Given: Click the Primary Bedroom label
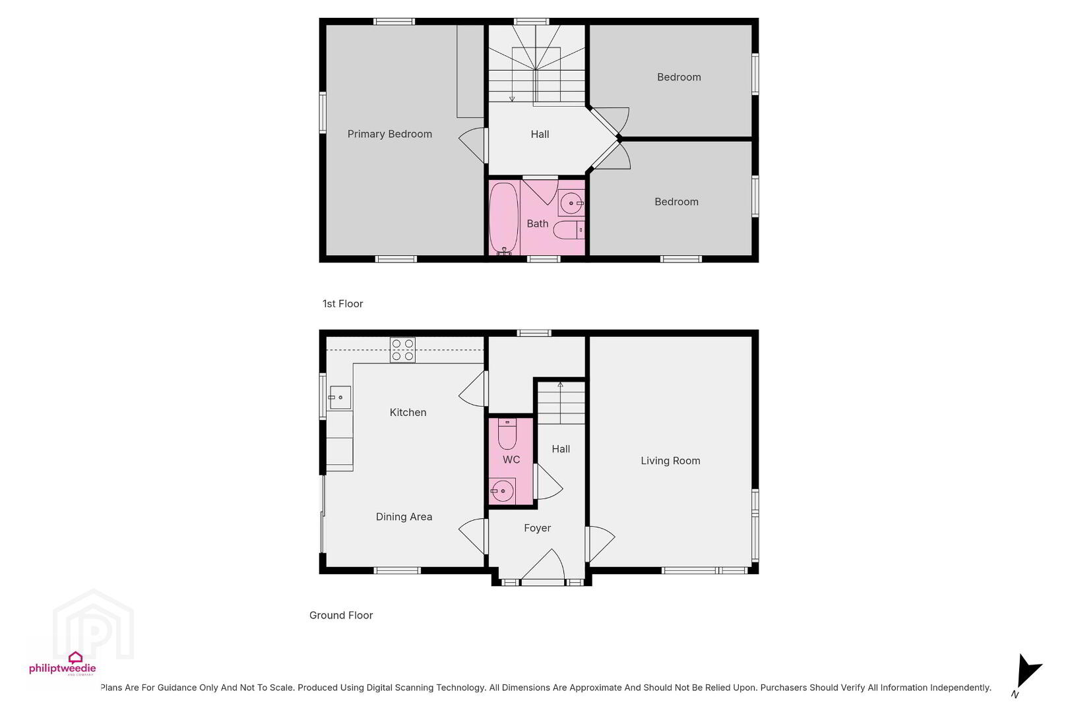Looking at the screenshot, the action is pyautogui.click(x=390, y=134).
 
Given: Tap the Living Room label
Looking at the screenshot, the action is pyautogui.click(x=670, y=461).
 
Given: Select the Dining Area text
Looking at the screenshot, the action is pyautogui.click(x=404, y=517).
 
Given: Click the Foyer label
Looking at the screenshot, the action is pyautogui.click(x=538, y=528).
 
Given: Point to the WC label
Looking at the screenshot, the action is pyautogui.click(x=511, y=460).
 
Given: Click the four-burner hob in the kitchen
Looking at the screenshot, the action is pyautogui.click(x=402, y=350).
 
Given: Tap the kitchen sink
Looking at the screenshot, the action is pyautogui.click(x=340, y=398).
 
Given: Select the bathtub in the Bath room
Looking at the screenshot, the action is pyautogui.click(x=504, y=218).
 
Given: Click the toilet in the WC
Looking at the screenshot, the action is pyautogui.click(x=507, y=434).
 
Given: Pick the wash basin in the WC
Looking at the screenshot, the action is pyautogui.click(x=502, y=491).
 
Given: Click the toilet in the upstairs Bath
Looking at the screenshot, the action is pyautogui.click(x=569, y=229).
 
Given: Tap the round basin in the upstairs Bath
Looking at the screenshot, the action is pyautogui.click(x=571, y=204).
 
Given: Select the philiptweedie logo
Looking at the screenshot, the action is pyautogui.click(x=63, y=664).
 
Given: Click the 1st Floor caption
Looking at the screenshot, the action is pyautogui.click(x=343, y=304).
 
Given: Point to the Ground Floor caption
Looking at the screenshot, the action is pyautogui.click(x=341, y=616).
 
